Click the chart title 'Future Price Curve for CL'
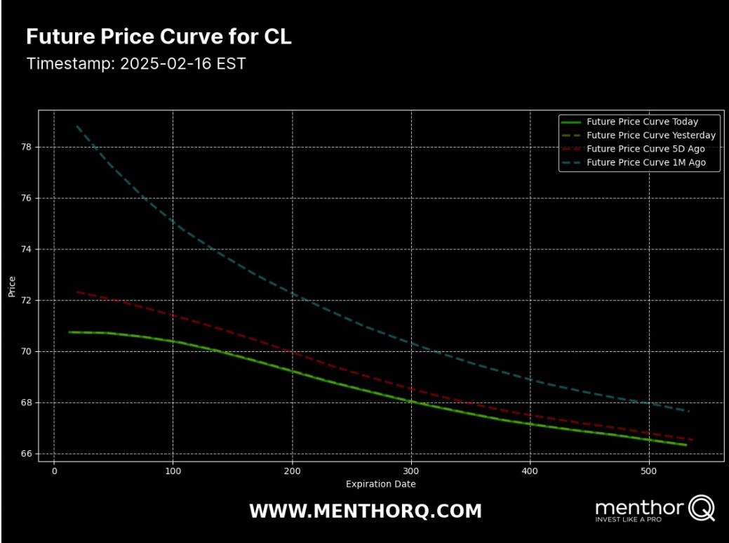tap(159, 37)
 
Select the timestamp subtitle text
tap(136, 63)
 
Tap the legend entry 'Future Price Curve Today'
tap(642, 122)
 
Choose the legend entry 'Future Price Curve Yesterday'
tap(650, 135)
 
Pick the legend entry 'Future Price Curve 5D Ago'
tap(646, 149)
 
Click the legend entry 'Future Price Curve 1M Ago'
tap(646, 162)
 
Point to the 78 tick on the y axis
tap(29, 148)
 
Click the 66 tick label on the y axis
tap(29, 454)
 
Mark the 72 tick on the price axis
tap(29, 301)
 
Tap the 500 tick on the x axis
tap(649, 471)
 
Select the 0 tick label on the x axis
tap(55, 471)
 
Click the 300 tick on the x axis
tap(411, 471)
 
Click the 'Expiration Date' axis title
tap(380, 484)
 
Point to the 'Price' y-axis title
tap(12, 287)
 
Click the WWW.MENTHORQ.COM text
tap(366, 511)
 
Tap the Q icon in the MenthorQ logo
tap(702, 507)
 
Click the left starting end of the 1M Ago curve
tap(76, 126)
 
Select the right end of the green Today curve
tap(685, 445)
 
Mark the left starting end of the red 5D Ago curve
tap(76, 291)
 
